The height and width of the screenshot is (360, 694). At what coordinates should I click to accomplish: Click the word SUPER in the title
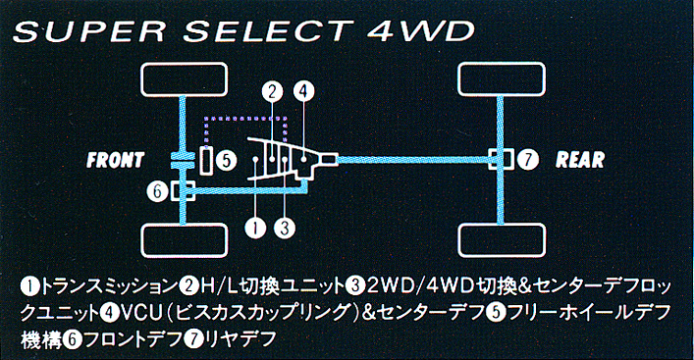pyautogui.click(x=88, y=31)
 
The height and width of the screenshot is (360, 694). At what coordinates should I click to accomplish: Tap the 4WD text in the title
pyautogui.click(x=420, y=31)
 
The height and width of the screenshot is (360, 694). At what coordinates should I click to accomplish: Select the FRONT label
pyautogui.click(x=116, y=160)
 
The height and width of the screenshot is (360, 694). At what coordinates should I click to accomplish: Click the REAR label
pyautogui.click(x=580, y=160)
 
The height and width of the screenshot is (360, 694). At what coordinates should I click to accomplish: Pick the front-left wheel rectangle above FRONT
pyautogui.click(x=185, y=79)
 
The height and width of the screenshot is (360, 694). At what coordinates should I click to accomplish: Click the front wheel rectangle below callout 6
pyautogui.click(x=185, y=240)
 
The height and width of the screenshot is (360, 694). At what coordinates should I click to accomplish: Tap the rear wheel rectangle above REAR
pyautogui.click(x=502, y=79)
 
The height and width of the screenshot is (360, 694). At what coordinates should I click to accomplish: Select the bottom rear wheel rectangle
pyautogui.click(x=502, y=240)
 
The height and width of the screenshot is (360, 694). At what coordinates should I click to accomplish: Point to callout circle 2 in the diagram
pyautogui.click(x=272, y=91)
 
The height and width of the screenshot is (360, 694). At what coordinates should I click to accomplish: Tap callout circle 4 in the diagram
pyautogui.click(x=303, y=91)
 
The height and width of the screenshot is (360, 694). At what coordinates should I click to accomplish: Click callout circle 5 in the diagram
pyautogui.click(x=227, y=160)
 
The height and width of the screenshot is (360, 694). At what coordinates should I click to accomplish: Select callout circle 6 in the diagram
pyautogui.click(x=158, y=191)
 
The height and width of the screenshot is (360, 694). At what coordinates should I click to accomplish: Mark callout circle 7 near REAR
pyautogui.click(x=527, y=160)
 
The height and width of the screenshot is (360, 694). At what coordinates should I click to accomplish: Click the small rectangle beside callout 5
pyautogui.click(x=206, y=160)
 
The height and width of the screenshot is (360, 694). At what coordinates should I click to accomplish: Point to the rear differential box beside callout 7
pyautogui.click(x=501, y=159)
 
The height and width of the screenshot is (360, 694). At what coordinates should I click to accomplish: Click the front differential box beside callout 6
pyautogui.click(x=183, y=191)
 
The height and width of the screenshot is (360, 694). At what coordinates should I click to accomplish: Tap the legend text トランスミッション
pyautogui.click(x=109, y=287)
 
